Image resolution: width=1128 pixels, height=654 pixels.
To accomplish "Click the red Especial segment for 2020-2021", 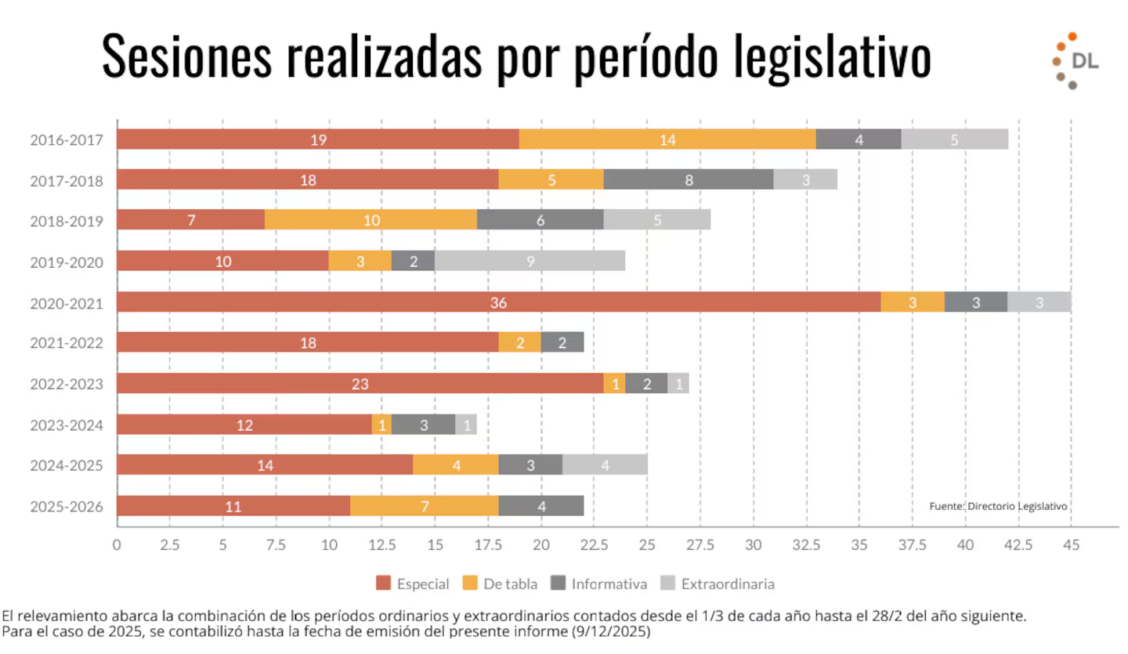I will (x=498, y=302).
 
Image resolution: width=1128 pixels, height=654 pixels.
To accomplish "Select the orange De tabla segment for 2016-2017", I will (x=667, y=139).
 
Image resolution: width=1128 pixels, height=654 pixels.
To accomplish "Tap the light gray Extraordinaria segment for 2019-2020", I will (x=530, y=262).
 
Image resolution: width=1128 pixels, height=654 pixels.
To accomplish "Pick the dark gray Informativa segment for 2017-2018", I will (x=689, y=180).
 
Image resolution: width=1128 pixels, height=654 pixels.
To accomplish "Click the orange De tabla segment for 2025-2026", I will (x=425, y=506).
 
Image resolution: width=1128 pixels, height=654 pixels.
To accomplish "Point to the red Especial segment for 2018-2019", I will (x=191, y=221).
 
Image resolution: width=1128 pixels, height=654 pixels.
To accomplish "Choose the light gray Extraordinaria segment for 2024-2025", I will (x=605, y=465).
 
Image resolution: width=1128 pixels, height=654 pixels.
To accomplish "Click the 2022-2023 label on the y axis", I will (x=67, y=384).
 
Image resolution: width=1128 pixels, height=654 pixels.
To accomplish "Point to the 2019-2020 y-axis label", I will (x=67, y=262).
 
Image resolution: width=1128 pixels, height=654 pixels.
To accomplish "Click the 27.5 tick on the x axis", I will (x=700, y=544).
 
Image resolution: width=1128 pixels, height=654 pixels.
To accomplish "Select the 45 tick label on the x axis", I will (x=1071, y=544).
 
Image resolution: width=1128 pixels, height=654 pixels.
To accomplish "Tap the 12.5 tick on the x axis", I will (x=381, y=544).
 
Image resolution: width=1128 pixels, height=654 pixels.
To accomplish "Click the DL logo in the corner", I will (x=1076, y=61).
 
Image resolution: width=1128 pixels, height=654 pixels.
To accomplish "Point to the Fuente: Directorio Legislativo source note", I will (x=998, y=506).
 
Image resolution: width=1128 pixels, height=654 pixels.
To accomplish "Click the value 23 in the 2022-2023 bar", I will (x=360, y=384).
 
